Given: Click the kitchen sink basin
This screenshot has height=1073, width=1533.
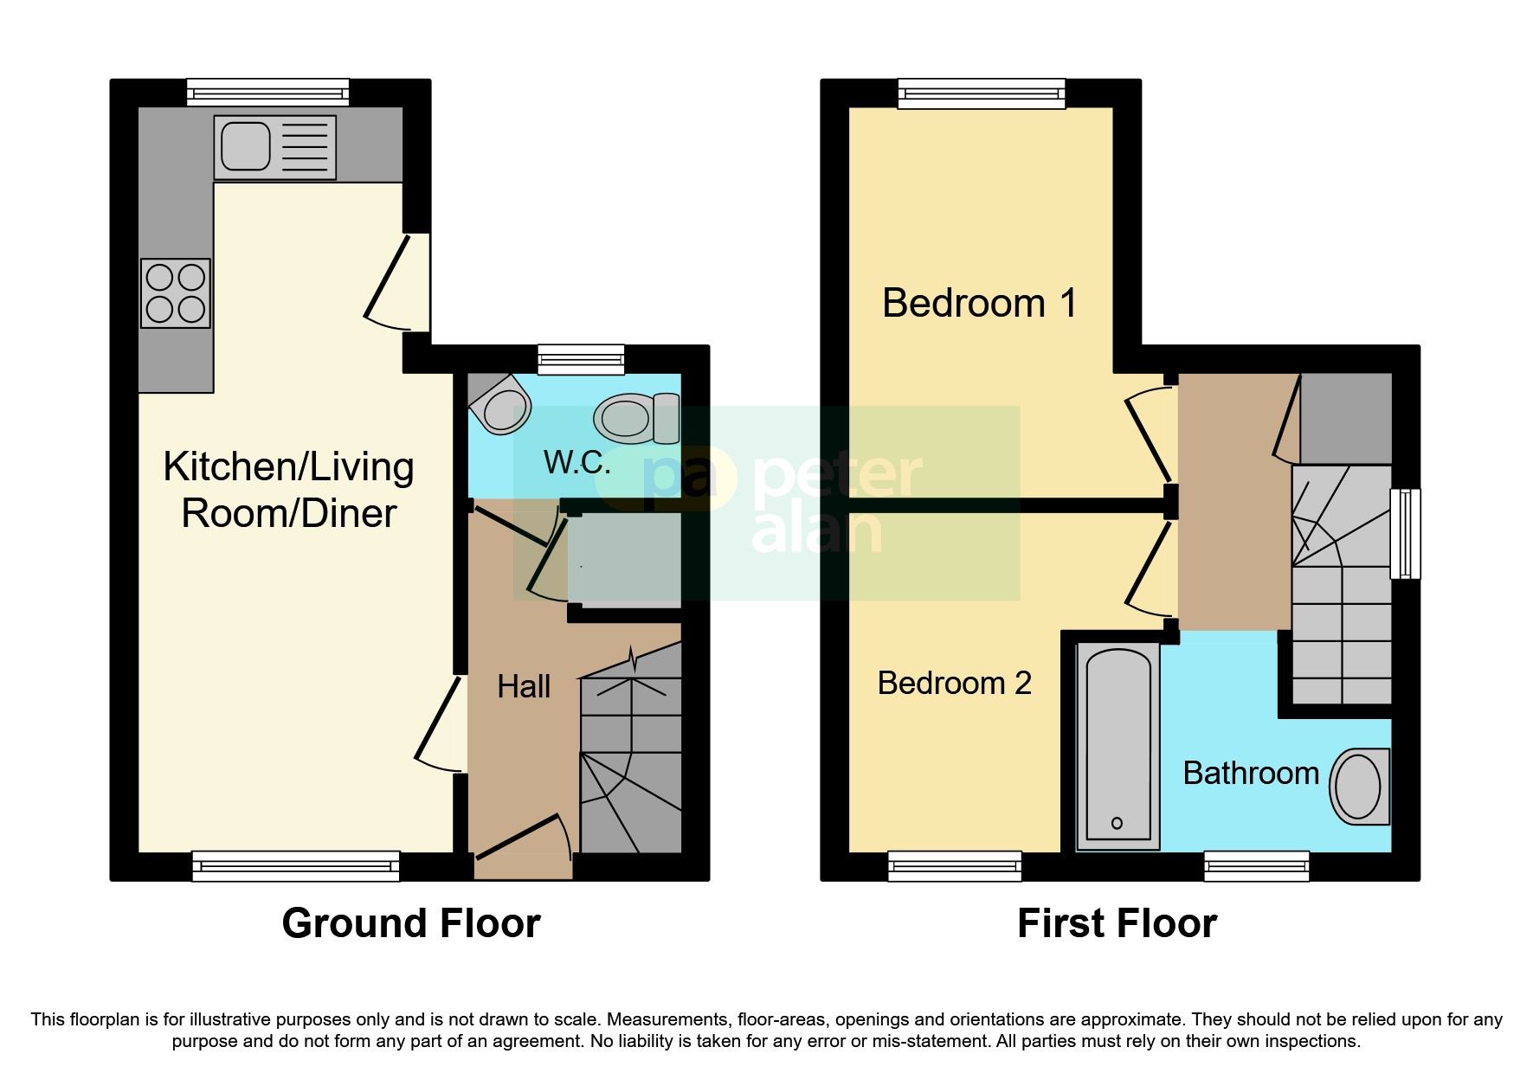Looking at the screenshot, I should (245, 146).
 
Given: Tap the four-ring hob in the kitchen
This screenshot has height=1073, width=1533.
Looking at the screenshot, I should (176, 293).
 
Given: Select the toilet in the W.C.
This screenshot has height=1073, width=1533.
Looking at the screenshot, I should (636, 419).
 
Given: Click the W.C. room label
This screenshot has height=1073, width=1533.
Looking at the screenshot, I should (577, 463).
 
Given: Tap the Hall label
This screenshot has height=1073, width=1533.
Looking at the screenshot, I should (524, 687).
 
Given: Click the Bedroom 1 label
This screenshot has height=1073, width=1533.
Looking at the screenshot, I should (979, 304).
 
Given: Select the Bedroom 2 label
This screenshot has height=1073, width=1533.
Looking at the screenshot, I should (954, 684).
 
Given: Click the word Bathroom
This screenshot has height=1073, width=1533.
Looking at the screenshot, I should (1250, 774).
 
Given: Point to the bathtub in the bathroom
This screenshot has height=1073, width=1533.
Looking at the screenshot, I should (1118, 745).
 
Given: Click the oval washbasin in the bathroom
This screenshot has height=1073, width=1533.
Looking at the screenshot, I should (1357, 787).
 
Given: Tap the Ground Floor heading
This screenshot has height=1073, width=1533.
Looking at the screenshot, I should (411, 923).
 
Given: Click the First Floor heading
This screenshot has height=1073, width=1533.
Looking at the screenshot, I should (1117, 923).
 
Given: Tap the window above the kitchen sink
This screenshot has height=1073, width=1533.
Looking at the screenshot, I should (267, 93).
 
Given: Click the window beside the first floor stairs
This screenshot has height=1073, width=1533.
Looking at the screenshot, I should (1405, 534).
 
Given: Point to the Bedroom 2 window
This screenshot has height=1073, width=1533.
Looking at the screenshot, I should (955, 865).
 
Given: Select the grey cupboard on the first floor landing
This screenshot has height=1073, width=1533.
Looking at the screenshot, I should (1345, 419).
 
